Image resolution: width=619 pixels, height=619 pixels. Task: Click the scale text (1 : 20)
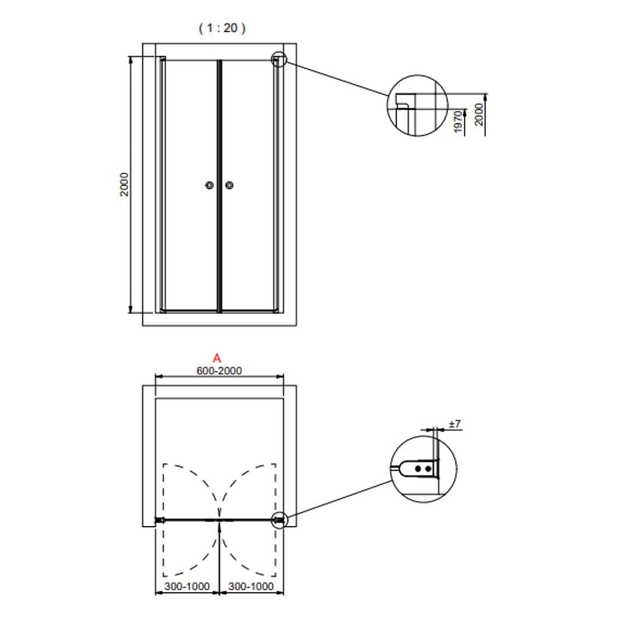222,28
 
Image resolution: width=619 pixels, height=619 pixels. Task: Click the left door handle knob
210,185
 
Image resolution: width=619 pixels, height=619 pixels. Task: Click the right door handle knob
229,185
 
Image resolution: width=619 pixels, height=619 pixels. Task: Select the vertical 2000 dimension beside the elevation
124,184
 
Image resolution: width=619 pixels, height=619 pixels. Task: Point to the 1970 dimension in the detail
457,121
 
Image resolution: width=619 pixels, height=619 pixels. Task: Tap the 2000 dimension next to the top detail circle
479,115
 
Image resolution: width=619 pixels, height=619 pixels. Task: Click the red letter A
217,358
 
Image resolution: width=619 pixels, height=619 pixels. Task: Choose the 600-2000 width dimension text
219,371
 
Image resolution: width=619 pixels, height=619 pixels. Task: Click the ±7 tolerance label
455,424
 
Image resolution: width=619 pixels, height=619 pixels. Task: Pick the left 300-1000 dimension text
187,586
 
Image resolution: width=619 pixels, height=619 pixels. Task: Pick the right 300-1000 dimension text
251,586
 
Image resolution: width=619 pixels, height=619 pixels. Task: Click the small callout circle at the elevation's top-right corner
279,60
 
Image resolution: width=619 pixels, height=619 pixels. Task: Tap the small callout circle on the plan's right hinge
280,520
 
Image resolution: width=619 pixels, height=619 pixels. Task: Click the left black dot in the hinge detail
418,468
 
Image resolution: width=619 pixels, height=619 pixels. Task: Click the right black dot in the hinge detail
428,468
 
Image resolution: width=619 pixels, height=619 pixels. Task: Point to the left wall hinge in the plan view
160,520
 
